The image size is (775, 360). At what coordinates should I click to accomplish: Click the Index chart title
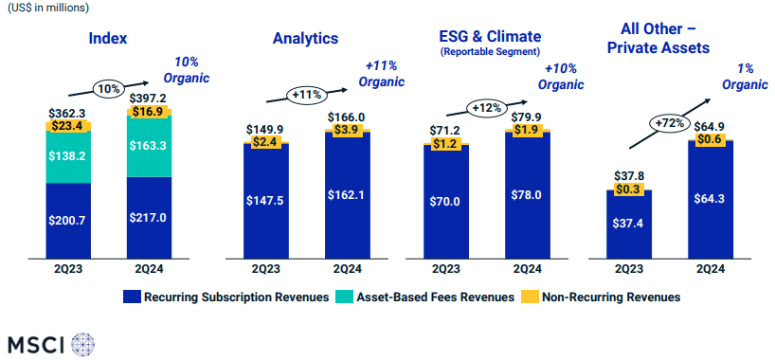pos(108,39)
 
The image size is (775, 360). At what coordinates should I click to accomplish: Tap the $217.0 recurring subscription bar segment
pos(150,217)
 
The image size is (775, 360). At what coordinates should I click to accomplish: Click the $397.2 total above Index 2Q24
pos(150,99)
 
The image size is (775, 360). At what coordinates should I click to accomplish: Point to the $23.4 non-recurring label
pos(68,124)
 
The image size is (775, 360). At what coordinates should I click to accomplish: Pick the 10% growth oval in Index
pos(108,88)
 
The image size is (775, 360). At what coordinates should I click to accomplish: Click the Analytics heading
pos(305,39)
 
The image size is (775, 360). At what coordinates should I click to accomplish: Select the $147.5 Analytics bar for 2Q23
pos(266,200)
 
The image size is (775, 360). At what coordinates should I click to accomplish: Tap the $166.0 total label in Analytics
pos(347,117)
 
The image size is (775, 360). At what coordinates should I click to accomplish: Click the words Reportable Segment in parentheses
pos(489,52)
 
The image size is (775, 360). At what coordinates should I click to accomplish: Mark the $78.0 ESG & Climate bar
pos(528,194)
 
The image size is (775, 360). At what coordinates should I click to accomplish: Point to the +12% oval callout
pos(485,107)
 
